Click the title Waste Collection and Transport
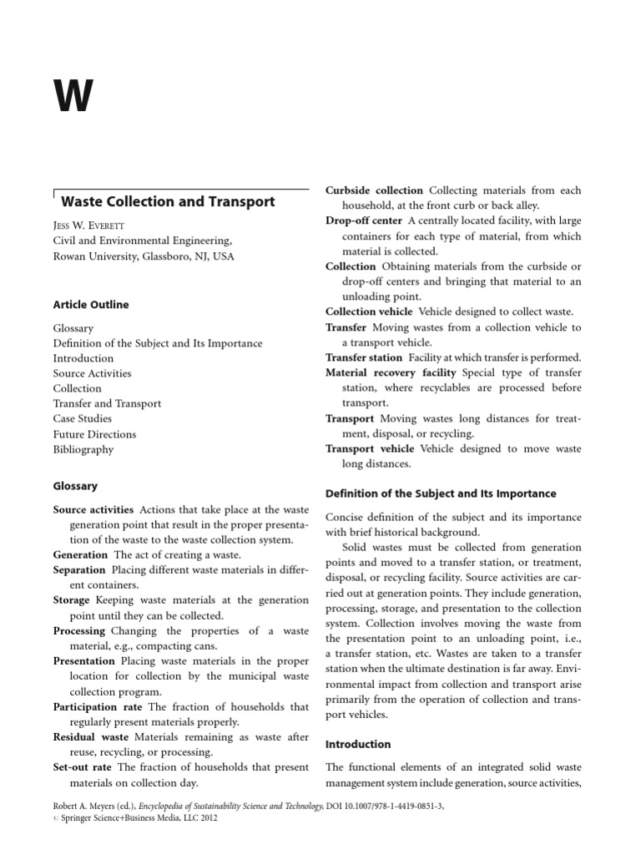coord(168,201)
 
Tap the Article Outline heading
coord(91,305)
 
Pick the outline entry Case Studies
coord(82,418)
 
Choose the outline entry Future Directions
coord(94,434)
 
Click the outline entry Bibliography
coord(83,449)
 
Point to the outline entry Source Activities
coord(92,373)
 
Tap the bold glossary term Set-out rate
coord(82,766)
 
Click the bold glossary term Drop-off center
coord(363,220)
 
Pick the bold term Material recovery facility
coord(391,372)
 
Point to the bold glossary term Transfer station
coord(363,357)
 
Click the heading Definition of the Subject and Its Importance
coord(441,493)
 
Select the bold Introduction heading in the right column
coord(358,744)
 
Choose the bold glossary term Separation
coord(80,569)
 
